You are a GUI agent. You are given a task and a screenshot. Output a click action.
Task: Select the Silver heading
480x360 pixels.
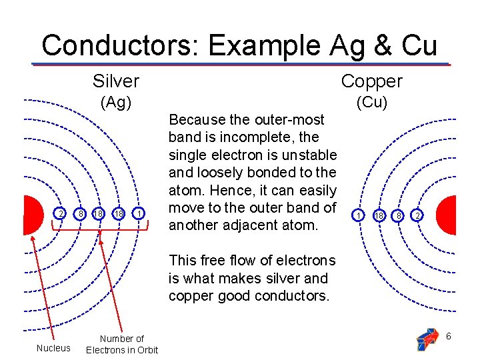tap(116, 81)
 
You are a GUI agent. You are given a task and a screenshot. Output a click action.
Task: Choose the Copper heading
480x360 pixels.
tap(372, 81)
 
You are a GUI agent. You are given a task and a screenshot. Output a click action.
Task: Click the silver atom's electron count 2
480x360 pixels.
tap(61, 213)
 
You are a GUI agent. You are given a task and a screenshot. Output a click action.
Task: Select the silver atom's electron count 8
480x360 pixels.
tap(81, 213)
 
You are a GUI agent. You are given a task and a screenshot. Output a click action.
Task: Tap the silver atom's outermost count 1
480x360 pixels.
tap(139, 213)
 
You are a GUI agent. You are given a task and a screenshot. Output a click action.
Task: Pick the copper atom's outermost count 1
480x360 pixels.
tap(359, 216)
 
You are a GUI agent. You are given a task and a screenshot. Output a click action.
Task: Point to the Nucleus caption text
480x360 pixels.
tap(53, 347)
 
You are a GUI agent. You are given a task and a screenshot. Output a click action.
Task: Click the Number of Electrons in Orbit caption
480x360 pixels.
tap(122, 344)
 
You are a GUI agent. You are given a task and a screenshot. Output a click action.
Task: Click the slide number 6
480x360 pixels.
tap(449, 336)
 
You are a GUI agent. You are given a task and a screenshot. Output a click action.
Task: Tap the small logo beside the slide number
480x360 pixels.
tap(427, 338)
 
